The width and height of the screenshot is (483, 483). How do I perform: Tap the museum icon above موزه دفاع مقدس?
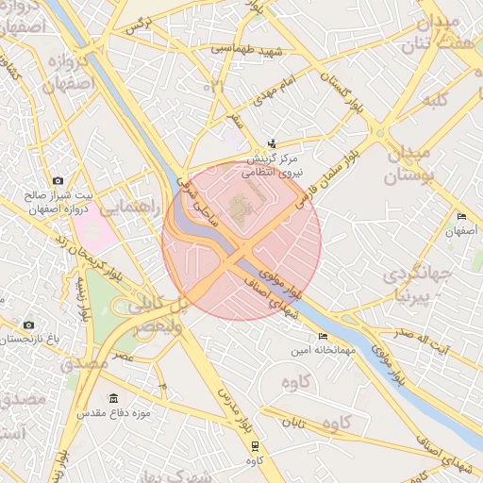[x=114, y=398]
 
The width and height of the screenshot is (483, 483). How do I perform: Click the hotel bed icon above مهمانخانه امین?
[x=324, y=336]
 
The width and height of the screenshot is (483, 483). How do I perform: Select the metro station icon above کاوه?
[x=255, y=446]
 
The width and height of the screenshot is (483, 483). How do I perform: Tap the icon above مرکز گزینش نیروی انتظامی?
[x=273, y=144]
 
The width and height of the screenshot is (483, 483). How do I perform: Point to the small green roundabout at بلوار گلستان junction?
[x=381, y=133]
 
